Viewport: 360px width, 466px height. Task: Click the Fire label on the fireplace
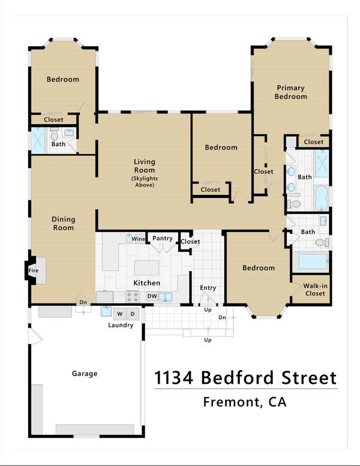pos(33,271)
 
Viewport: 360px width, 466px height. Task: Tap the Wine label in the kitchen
pos(138,239)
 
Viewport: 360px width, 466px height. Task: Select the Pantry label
pos(162,238)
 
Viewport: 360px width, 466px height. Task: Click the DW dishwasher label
pos(152,296)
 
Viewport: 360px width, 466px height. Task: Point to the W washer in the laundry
pos(119,314)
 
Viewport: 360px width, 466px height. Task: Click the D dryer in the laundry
pos(133,314)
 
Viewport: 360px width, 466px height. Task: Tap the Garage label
pos(85,374)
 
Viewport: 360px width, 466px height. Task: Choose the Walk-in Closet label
pos(314,290)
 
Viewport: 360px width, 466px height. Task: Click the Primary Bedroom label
pos(291,92)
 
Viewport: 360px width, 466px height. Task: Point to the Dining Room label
pos(63,224)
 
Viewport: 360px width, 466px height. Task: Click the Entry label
pos(208,288)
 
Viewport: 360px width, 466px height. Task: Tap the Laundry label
pos(121,325)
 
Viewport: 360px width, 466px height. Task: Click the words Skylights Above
pos(143,182)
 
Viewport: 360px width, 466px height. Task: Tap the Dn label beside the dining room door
pos(83,302)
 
